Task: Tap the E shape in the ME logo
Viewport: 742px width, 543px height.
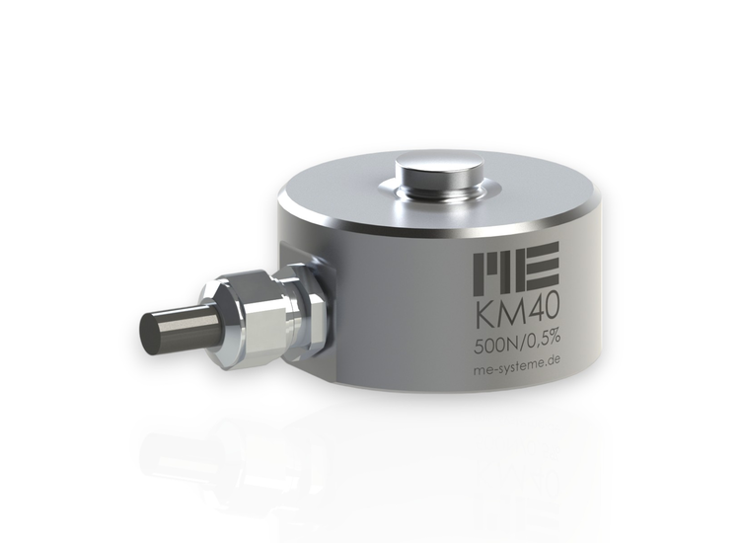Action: click(x=542, y=264)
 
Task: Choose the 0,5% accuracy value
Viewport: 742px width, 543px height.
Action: click(x=542, y=343)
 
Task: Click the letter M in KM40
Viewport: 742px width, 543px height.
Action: click(x=506, y=317)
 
